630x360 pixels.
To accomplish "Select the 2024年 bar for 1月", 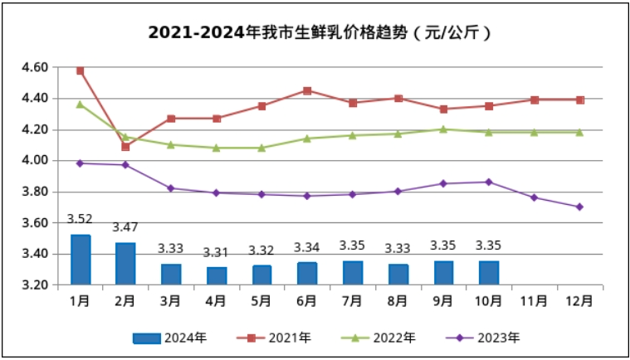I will point(81,260).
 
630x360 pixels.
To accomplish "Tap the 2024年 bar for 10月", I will point(490,273).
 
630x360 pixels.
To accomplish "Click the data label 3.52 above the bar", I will point(80,220).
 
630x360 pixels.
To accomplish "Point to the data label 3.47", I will point(125,227).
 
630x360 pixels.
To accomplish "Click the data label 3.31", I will point(217,252).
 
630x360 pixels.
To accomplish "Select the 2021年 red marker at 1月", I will point(81,71).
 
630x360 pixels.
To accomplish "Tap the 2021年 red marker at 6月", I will point(307,90).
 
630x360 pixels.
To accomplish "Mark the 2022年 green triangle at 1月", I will point(81,105).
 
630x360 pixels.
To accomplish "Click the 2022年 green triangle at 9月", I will point(444,129).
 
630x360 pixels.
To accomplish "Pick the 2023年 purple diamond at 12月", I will point(580,207).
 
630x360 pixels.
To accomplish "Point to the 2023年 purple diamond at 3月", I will point(171,188).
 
